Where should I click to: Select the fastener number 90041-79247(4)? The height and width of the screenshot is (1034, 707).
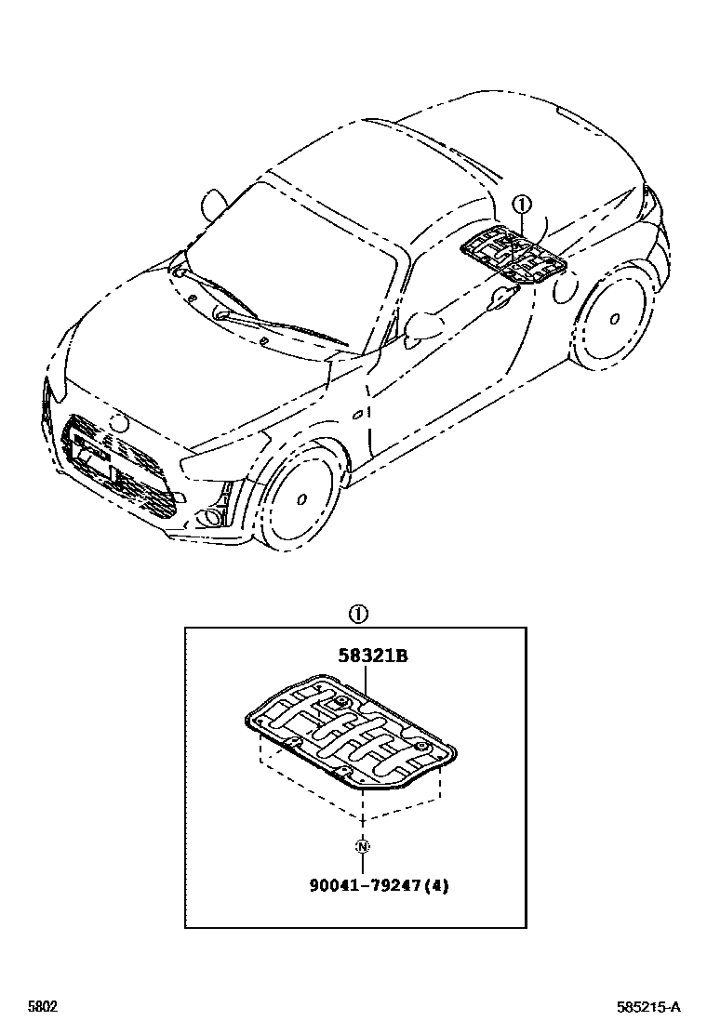379,886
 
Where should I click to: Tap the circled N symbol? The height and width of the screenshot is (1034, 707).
362,846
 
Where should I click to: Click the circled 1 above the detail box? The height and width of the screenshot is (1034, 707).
358,614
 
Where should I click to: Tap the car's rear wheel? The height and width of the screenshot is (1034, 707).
611,319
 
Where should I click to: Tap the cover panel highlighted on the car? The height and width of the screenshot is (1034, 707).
512,253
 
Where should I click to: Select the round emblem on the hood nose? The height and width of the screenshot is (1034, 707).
118,420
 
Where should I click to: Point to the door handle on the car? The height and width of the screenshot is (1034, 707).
503,297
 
